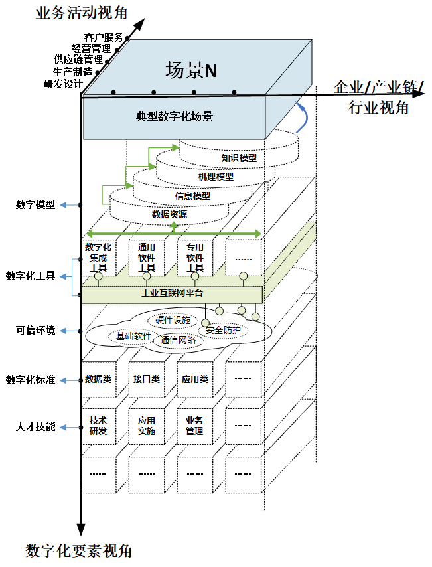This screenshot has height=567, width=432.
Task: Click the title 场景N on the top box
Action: click(191, 70)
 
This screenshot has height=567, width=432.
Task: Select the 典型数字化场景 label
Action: click(175, 116)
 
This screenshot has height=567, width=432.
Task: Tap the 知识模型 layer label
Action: click(239, 159)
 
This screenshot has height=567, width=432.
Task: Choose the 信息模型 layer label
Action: click(192, 196)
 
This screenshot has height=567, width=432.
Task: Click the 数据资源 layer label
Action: click(169, 214)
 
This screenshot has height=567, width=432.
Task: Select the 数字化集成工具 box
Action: click(98, 257)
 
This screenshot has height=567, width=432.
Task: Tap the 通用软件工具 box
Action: click(147, 257)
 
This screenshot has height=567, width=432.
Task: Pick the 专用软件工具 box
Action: click(195, 257)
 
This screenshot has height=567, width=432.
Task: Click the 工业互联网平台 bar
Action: click(172, 293)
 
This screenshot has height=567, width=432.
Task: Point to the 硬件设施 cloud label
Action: click(173, 320)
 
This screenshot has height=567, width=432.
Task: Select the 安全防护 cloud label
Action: click(223, 330)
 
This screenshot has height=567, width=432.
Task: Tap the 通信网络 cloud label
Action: click(178, 340)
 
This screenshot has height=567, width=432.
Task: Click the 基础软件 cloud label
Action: click(133, 336)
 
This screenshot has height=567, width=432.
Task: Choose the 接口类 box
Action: click(147, 380)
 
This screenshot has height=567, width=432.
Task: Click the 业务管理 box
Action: click(194, 426)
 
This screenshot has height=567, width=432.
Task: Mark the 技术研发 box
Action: click(98, 426)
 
